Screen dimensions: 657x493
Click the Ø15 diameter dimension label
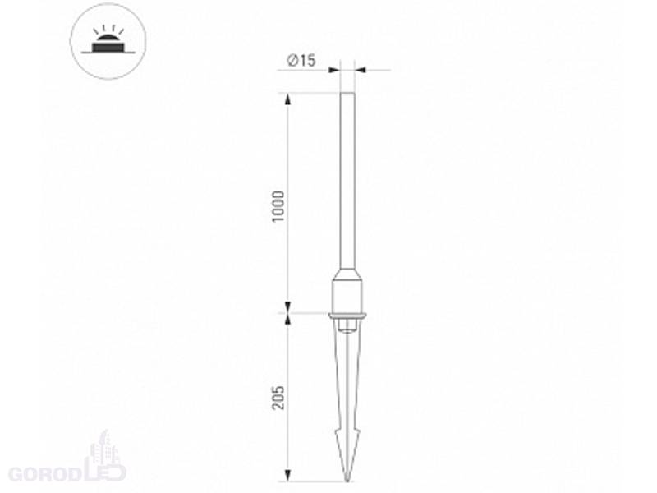coord(301,60)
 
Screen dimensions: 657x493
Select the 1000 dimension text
coord(278,207)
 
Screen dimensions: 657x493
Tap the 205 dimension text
coord(278,398)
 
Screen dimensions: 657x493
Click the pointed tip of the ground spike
coord(347,481)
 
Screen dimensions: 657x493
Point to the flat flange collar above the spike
coord(347,316)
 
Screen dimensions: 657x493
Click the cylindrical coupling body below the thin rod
coord(347,296)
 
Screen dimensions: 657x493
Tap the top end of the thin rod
coord(347,94)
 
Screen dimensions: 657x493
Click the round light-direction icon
coord(108,40)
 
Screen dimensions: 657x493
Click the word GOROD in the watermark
coord(44,475)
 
